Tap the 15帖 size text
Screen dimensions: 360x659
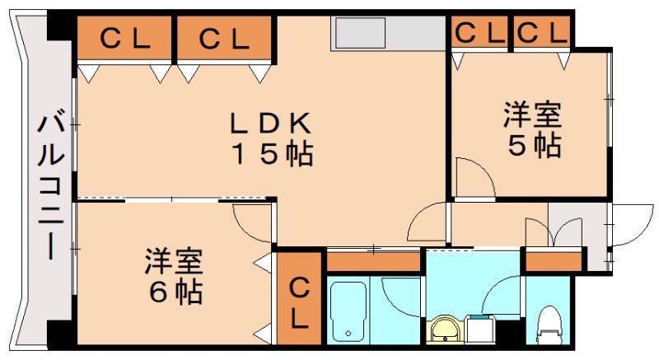271,154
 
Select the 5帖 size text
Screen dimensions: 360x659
534,145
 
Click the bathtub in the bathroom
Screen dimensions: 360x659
349,312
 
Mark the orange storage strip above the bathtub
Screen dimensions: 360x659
375,261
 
